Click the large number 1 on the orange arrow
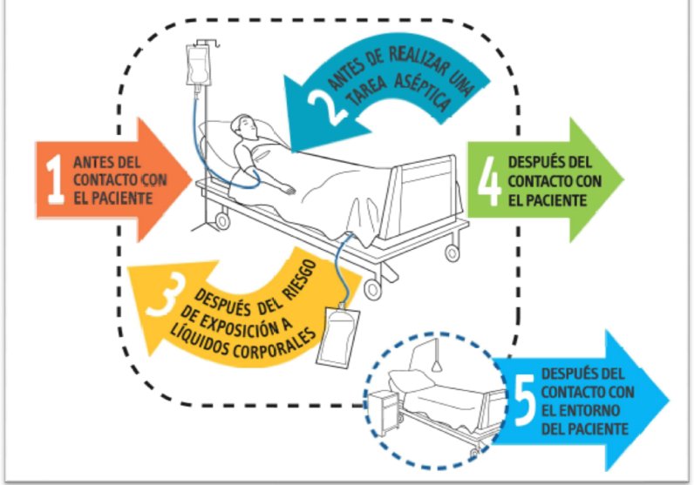[x=55, y=179]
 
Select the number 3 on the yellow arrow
[x=166, y=293]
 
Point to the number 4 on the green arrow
[x=489, y=181]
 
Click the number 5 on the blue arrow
[x=525, y=401]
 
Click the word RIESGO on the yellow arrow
[x=301, y=281]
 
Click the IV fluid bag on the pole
[x=196, y=65]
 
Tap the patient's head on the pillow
[x=244, y=126]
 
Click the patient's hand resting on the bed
[x=288, y=190]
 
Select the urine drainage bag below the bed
[x=337, y=336]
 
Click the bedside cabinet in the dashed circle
[x=384, y=412]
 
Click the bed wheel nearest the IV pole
[x=222, y=220]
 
